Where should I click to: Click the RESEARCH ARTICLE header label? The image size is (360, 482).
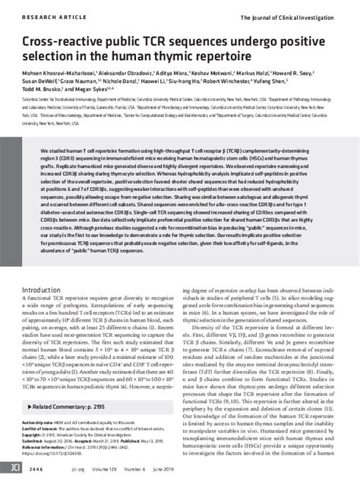tap(40, 15)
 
